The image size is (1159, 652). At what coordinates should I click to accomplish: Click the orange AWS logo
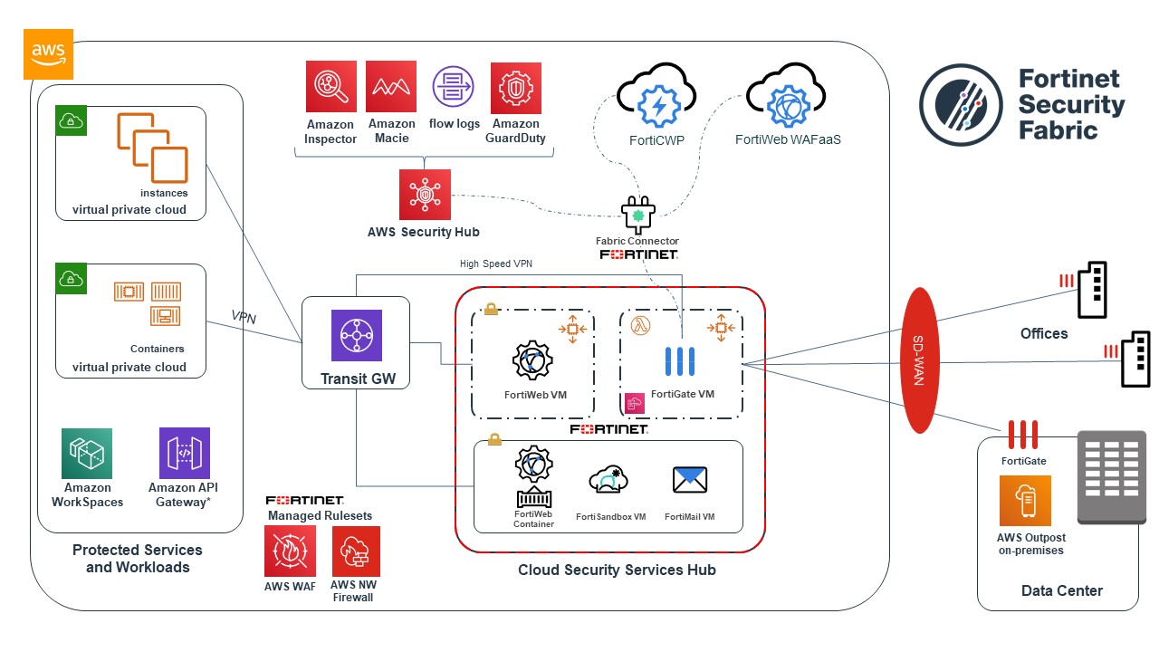(48, 53)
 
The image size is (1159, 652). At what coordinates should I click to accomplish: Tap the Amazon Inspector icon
(331, 87)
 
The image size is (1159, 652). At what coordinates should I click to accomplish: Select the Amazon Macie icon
(391, 87)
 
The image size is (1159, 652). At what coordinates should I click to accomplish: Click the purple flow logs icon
(454, 88)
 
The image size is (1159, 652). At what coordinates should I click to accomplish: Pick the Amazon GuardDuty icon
(516, 87)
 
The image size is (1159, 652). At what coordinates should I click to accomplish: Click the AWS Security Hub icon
(425, 195)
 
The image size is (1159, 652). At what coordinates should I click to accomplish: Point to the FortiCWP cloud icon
(656, 101)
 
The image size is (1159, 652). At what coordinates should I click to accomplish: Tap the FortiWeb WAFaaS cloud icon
(784, 101)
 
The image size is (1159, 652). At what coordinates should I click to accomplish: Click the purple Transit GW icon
(356, 336)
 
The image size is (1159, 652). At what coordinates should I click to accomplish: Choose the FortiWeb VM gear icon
(532, 360)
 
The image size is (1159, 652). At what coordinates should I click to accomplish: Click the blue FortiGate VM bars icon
(680, 361)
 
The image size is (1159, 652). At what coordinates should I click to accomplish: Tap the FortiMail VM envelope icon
(690, 480)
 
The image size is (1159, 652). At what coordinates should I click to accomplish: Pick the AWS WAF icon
(290, 551)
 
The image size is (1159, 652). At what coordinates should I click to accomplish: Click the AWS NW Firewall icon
(356, 551)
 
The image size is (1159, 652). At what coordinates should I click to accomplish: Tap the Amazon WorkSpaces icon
(87, 454)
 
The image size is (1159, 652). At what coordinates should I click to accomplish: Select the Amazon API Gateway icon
(184, 454)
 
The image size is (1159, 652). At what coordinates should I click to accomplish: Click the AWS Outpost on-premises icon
(1025, 501)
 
